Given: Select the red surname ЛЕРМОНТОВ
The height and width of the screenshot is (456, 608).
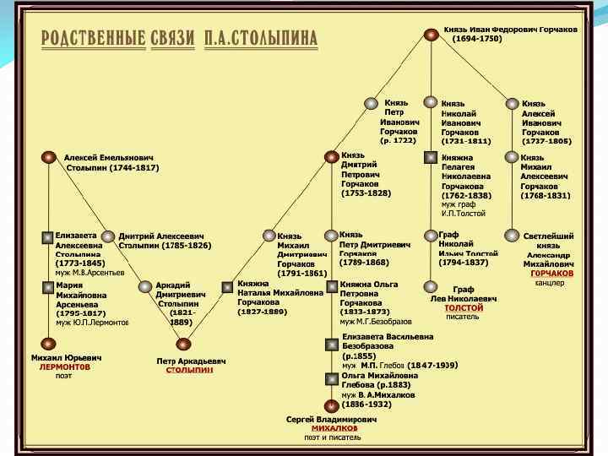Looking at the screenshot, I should click(64, 366).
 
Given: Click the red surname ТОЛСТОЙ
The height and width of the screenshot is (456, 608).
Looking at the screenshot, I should click(463, 308).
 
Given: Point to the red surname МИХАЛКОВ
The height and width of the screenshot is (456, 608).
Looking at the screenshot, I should click(334, 428).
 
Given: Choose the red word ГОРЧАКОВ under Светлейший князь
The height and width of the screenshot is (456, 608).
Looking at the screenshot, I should click(552, 274).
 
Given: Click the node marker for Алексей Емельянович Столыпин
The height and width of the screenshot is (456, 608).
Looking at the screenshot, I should click(49, 158).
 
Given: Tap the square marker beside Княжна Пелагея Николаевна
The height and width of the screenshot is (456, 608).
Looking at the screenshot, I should click(431, 158).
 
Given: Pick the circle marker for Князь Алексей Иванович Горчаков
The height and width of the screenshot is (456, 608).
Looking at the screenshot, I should click(512, 104).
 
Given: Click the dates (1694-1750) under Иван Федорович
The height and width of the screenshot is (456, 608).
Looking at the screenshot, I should click(477, 39).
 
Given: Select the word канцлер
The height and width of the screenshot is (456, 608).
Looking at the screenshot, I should click(550, 283).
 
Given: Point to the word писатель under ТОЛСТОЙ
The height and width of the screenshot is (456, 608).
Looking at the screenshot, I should click(462, 317).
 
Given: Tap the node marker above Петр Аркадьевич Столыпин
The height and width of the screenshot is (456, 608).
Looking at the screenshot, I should click(183, 344).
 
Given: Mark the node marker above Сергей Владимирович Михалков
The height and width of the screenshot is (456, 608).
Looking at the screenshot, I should click(332, 405).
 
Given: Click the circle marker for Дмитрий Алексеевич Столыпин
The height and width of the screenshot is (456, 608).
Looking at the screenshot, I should click(110, 236).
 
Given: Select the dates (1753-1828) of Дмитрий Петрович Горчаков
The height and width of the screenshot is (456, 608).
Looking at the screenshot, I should click(366, 193).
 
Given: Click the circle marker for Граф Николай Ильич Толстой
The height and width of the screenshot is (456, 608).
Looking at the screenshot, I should click(431, 236).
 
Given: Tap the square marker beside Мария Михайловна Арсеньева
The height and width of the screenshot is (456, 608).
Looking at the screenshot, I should click(48, 287).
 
